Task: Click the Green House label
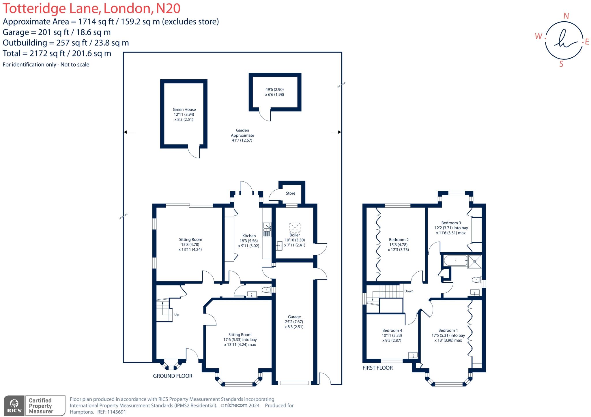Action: (x=184, y=110)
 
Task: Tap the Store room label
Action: (x=290, y=193)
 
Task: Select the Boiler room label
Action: (x=294, y=235)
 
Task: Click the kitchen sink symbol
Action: (x=267, y=230)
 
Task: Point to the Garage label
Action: (x=294, y=317)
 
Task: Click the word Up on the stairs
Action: (x=176, y=315)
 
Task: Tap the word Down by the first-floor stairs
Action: (x=409, y=291)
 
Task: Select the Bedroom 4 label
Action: (x=392, y=330)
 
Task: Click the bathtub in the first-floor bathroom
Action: (x=456, y=261)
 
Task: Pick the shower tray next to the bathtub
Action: (x=475, y=262)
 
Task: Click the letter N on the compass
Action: (x=566, y=16)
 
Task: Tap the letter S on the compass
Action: (x=561, y=64)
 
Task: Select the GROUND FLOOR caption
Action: (x=173, y=376)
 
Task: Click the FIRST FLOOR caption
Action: (x=377, y=368)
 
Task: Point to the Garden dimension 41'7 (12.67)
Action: (x=242, y=140)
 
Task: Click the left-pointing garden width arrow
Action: (x=129, y=132)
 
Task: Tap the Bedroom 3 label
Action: (x=451, y=223)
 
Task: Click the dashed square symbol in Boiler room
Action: (x=295, y=228)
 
